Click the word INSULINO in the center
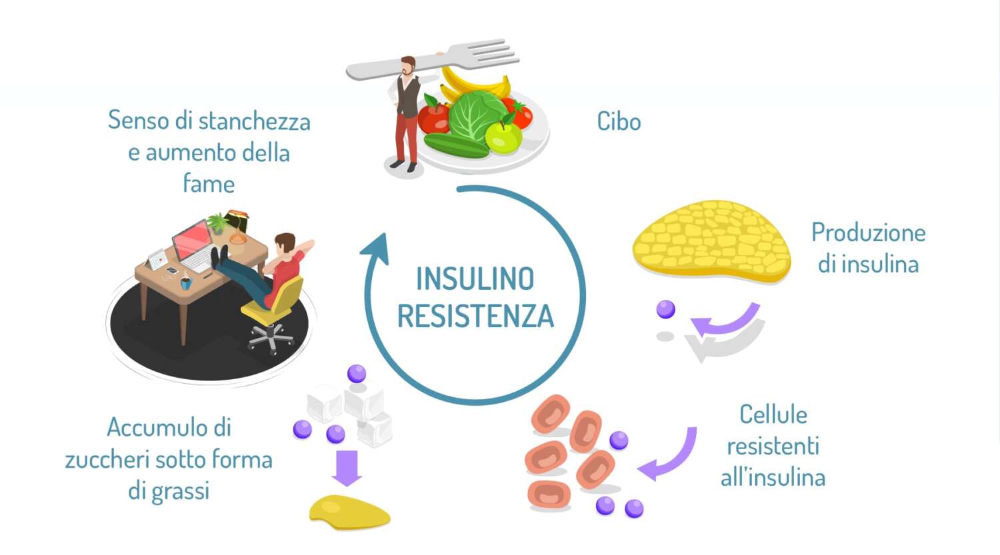pyautogui.click(x=475, y=278)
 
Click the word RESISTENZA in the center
pyautogui.click(x=475, y=316)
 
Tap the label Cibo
pyautogui.click(x=619, y=122)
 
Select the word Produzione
pyautogui.click(x=868, y=233)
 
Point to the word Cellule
pyautogui.click(x=773, y=414)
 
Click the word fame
pyautogui.click(x=209, y=183)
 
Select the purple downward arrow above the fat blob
pyautogui.click(x=347, y=467)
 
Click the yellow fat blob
pyautogui.click(x=348, y=512)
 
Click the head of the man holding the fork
pyautogui.click(x=408, y=66)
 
